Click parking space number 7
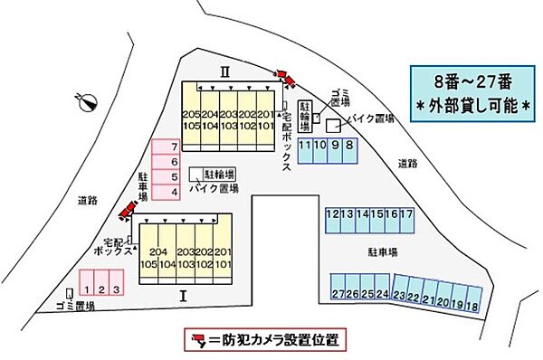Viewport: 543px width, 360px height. [x=166, y=147]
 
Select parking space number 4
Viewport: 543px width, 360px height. [x=166, y=192]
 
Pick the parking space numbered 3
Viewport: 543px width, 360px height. [x=117, y=289]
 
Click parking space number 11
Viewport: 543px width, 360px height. [x=305, y=146]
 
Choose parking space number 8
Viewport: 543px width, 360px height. [x=348, y=146]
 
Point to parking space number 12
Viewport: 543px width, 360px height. [x=332, y=214]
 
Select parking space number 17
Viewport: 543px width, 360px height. [x=407, y=214]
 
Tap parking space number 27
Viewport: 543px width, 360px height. [x=338, y=295]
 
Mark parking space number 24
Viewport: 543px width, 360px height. [x=382, y=295]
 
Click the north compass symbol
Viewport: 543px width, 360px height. [x=88, y=101]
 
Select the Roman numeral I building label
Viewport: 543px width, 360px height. [x=183, y=295]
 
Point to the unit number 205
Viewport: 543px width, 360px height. [x=190, y=116]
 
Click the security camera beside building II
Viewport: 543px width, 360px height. [x=289, y=80]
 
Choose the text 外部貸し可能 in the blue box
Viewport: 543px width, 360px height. [x=472, y=106]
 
